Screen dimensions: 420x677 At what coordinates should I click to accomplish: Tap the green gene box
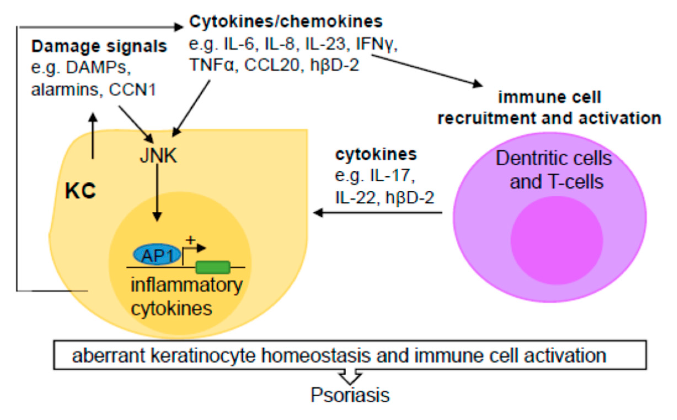tap(213, 267)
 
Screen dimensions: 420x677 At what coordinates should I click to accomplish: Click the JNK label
tap(158, 156)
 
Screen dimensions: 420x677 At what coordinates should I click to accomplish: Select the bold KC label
tap(80, 191)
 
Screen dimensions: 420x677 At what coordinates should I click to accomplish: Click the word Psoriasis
tap(350, 395)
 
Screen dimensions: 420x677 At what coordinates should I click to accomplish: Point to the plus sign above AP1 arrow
tap(191, 240)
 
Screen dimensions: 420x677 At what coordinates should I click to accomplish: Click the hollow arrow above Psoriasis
tap(350, 377)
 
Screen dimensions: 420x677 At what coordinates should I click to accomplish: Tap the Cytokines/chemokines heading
tap(286, 22)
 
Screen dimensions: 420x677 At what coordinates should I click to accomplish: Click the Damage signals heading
tap(99, 46)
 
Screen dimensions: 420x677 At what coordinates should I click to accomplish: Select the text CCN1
tap(132, 90)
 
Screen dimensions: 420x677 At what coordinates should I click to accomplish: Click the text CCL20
tap(272, 65)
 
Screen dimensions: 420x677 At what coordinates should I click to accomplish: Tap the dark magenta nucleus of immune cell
tap(556, 240)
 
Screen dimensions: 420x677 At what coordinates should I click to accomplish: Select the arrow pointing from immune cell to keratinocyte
tap(378, 213)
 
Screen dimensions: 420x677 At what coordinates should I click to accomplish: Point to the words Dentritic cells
tap(554, 159)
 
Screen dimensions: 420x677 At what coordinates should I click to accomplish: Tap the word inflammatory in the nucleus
tap(186, 285)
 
